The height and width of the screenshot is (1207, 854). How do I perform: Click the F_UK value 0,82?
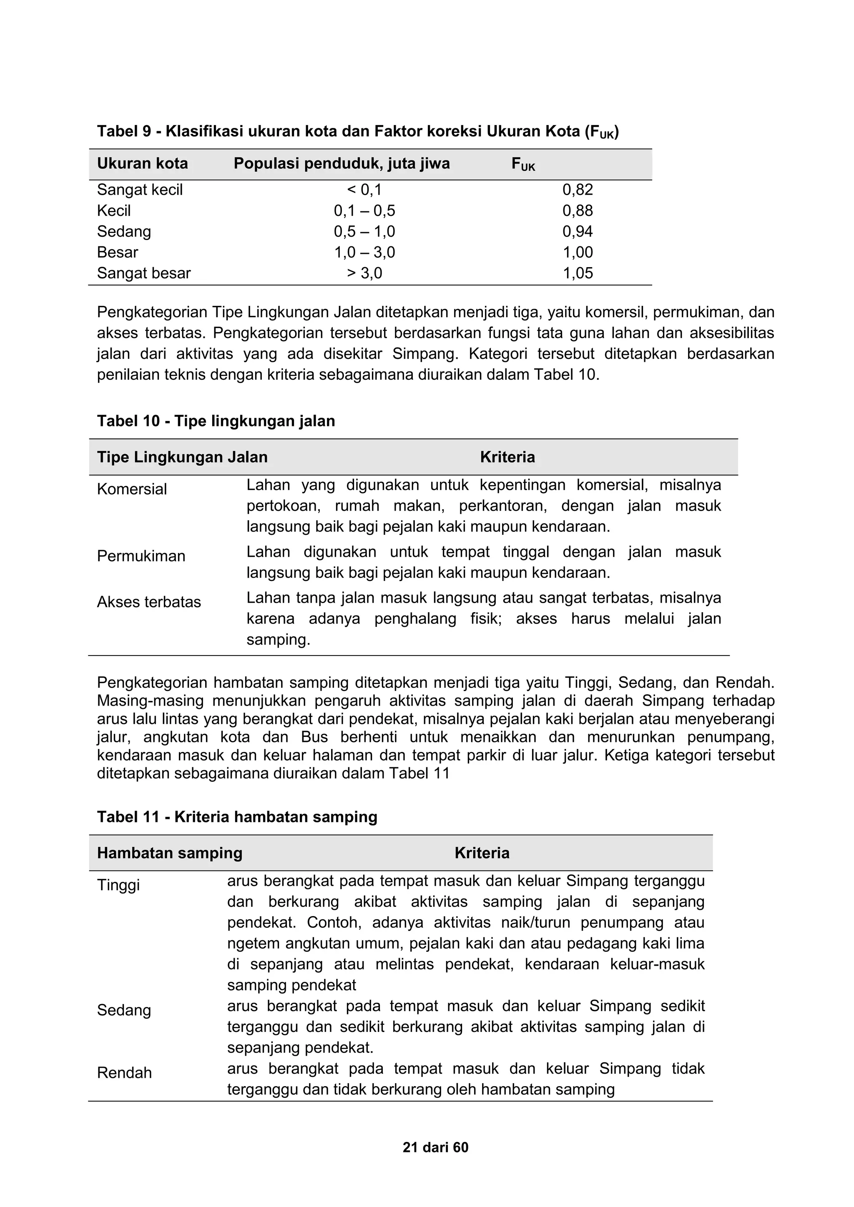click(x=578, y=190)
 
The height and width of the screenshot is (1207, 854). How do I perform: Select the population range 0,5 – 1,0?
click(x=364, y=231)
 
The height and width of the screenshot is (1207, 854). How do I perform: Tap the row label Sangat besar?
click(x=143, y=273)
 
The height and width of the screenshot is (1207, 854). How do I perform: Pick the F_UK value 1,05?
click(x=578, y=273)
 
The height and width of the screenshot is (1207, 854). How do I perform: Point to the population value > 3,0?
click(x=364, y=273)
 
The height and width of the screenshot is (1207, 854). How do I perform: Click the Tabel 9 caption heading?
click(x=358, y=131)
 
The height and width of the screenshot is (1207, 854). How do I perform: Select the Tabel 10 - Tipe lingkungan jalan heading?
click(x=216, y=421)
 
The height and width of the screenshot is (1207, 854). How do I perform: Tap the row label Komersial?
click(x=131, y=489)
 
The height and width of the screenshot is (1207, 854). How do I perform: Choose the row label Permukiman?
click(x=141, y=556)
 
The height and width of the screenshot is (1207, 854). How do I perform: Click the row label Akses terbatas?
click(x=149, y=601)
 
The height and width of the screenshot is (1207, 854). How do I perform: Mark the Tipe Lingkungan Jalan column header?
click(x=182, y=457)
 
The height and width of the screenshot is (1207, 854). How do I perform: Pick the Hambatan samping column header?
click(x=169, y=852)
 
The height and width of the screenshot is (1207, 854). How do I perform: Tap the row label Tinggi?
click(x=118, y=885)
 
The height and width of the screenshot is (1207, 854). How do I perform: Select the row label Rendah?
click(x=124, y=1072)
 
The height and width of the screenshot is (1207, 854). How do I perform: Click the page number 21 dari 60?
click(x=435, y=1147)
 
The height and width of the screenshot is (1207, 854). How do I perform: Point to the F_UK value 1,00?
click(x=578, y=252)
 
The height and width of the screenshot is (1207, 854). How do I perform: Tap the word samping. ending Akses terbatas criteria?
click(x=278, y=639)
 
